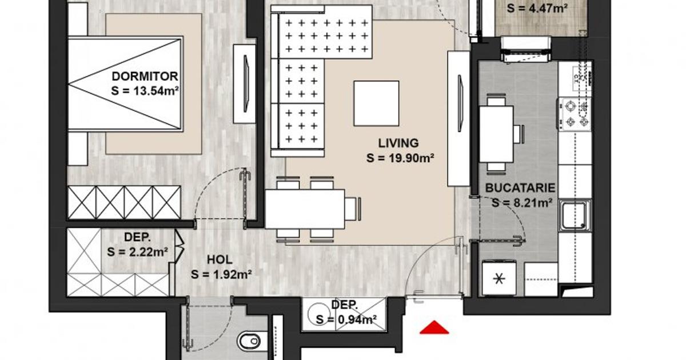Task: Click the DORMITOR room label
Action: [x=145, y=76]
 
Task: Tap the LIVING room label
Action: [x=398, y=143]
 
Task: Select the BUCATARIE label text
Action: [x=520, y=187]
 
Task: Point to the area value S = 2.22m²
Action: [x=137, y=251]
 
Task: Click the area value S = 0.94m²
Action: [x=346, y=319]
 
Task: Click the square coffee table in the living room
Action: [x=376, y=103]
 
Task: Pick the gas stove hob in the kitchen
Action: [x=575, y=113]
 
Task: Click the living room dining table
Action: [x=305, y=209]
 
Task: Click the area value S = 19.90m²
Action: [x=398, y=158]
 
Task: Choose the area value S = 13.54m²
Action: [x=145, y=90]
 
